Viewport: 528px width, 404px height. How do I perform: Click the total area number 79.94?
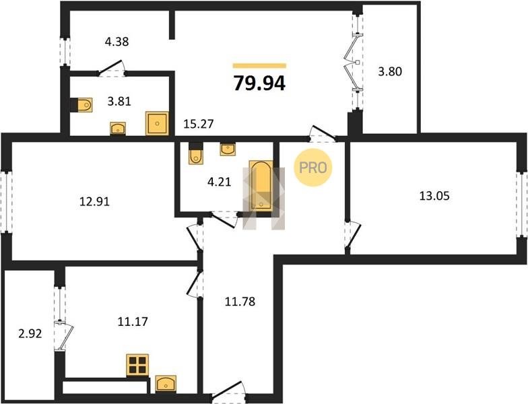pos(259,83)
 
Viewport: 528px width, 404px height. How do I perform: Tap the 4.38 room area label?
pos(117,42)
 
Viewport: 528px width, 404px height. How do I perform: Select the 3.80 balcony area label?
pos(390,71)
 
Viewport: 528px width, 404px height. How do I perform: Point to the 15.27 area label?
pos(199,124)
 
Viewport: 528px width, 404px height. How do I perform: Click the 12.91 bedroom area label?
pos(94,202)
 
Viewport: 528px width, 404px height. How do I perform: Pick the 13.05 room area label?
pos(434,195)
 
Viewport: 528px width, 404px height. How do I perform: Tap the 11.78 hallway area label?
pos(240,302)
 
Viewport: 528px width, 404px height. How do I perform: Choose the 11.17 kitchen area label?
pos(133,322)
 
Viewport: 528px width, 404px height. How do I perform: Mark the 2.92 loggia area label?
pos(30,334)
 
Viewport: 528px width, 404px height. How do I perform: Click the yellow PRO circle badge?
pos(313,168)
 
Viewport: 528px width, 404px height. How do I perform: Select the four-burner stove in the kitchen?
pos(137,365)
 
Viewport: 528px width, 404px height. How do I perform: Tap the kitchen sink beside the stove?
pos(166,384)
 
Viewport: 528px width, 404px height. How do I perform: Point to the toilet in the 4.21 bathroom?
pos(195,154)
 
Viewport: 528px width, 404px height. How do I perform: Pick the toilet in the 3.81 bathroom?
pos(82,105)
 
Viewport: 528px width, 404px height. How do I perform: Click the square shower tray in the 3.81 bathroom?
pos(157,124)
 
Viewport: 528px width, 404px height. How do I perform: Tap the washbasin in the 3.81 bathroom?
pos(118,129)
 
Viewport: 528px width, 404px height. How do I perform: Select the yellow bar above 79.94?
pos(260,66)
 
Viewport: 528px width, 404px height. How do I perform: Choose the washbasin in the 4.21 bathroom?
pos(228,149)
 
